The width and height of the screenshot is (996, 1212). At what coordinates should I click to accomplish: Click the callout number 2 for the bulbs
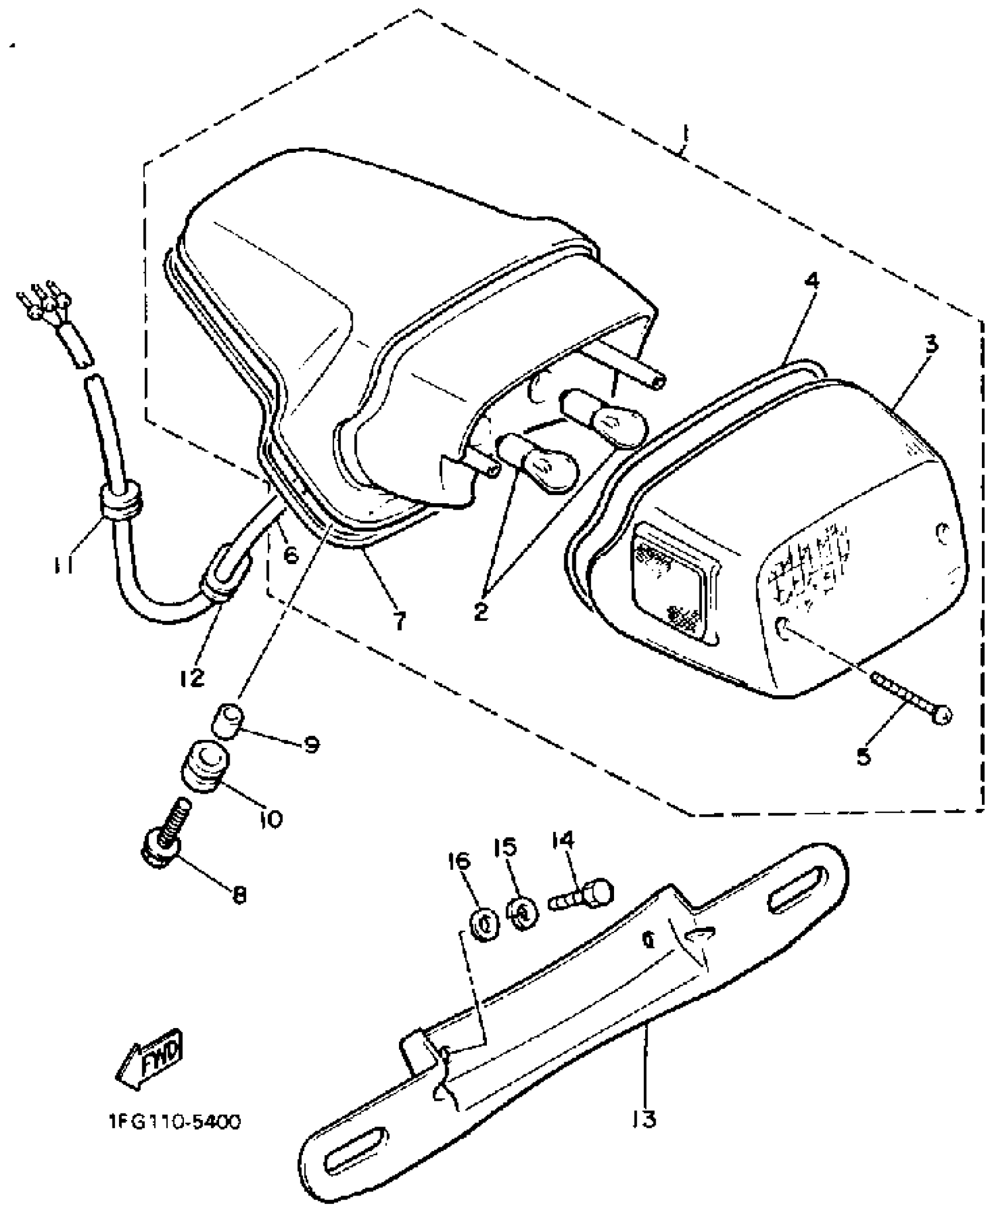point(480,612)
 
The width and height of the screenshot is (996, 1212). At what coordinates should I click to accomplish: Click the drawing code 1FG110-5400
point(170,1122)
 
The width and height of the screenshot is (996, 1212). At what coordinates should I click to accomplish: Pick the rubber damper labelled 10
point(205,767)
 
